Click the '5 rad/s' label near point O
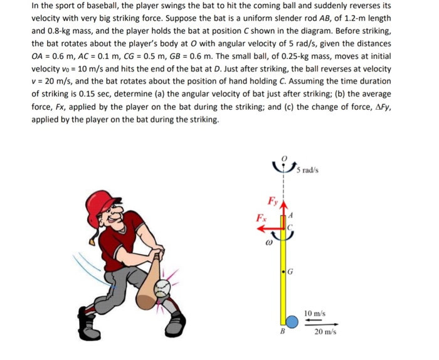pyautogui.click(x=309, y=169)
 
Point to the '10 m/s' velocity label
pyautogui.click(x=314, y=312)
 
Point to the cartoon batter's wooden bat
pyautogui.click(x=147, y=279)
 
